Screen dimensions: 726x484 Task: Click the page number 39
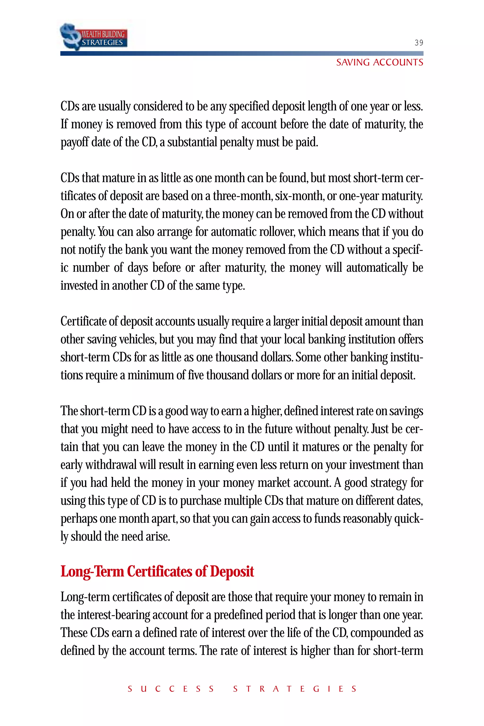[419, 43]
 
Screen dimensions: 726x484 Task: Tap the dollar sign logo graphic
[70, 36]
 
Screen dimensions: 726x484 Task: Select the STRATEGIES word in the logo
[102, 43]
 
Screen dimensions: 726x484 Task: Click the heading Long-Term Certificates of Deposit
[157, 571]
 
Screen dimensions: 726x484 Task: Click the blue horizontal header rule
[242, 53]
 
